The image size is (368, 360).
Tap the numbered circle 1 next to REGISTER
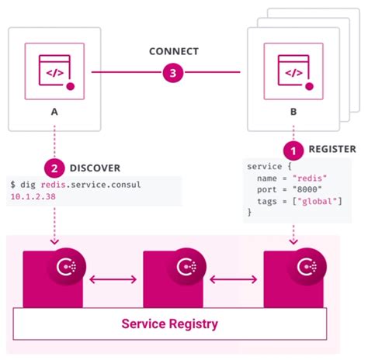pyautogui.click(x=293, y=149)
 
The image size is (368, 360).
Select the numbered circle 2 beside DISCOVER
pyautogui.click(x=53, y=166)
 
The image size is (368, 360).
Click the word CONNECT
pyautogui.click(x=173, y=52)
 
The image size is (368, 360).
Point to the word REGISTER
pyautogui.click(x=332, y=149)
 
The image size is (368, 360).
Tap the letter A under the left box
pyautogui.click(x=53, y=111)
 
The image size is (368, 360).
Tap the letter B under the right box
pyautogui.click(x=293, y=111)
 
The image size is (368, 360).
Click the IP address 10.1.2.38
pyautogui.click(x=33, y=198)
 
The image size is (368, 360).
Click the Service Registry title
pyautogui.click(x=169, y=323)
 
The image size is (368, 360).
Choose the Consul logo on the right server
pyautogui.click(x=300, y=268)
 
